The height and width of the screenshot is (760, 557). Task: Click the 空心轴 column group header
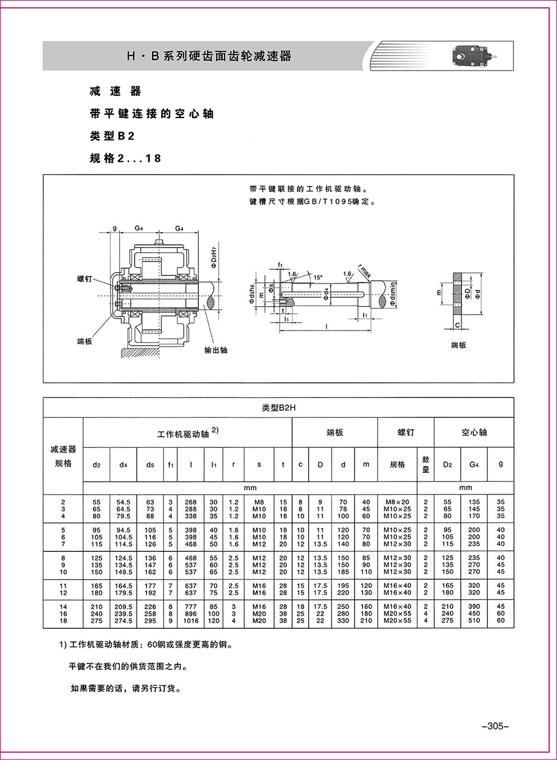coord(473,432)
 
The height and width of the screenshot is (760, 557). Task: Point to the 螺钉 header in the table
coord(405,432)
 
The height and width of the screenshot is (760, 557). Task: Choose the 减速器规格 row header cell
coord(63,456)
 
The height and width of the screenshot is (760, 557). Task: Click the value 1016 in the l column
coord(191,621)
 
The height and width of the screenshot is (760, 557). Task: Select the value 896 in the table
coord(191,614)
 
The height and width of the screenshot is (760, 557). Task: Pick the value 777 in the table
coord(191,606)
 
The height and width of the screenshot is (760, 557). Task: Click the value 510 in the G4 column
coord(473,621)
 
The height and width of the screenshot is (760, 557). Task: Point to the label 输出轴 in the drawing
coord(216,351)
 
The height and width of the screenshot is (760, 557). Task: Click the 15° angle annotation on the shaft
coord(317,277)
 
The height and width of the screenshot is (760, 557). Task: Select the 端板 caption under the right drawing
coord(458,346)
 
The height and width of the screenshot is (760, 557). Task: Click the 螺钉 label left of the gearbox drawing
coord(84,279)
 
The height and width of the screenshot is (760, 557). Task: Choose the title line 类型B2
coord(113,136)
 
